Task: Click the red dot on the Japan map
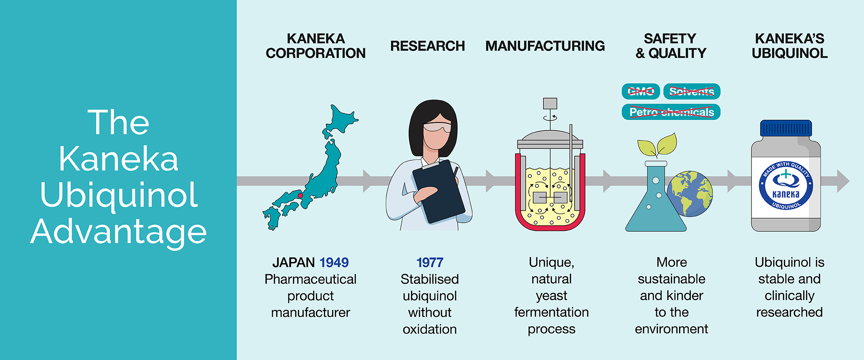coord(300,195)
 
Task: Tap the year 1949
coord(334,262)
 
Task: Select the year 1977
coord(430,262)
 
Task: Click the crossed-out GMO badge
coord(641,91)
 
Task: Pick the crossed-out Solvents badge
coord(692,91)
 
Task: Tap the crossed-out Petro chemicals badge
coord(671,112)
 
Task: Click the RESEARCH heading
coord(427,46)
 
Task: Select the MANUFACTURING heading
coord(545,46)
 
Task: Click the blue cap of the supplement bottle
coord(786,128)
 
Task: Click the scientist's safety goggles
coord(436,128)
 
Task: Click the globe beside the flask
coord(690,193)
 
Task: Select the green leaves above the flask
coord(657,145)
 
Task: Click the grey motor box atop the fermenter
coord(550,103)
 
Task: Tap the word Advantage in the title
coord(119,232)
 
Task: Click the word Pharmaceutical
coord(310,279)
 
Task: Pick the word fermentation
coord(551,312)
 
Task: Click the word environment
coord(671,329)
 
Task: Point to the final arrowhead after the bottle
coord(842,181)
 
